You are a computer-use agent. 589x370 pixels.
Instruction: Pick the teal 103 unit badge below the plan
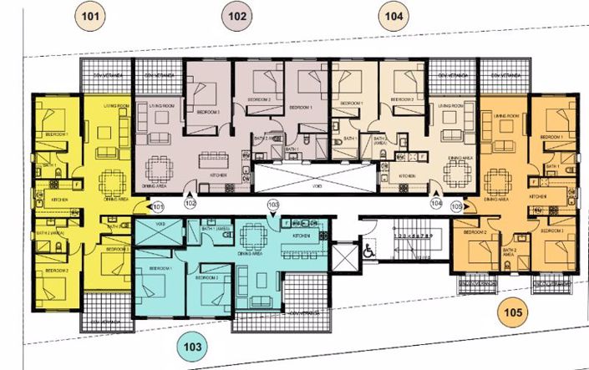tap(195, 344)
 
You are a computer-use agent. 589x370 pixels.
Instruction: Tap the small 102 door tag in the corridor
tap(190, 203)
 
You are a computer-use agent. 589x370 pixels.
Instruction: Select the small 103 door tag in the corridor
tap(272, 204)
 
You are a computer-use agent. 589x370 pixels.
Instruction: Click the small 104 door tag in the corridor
tap(435, 203)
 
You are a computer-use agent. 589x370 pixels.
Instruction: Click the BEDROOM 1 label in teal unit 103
tap(161, 268)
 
